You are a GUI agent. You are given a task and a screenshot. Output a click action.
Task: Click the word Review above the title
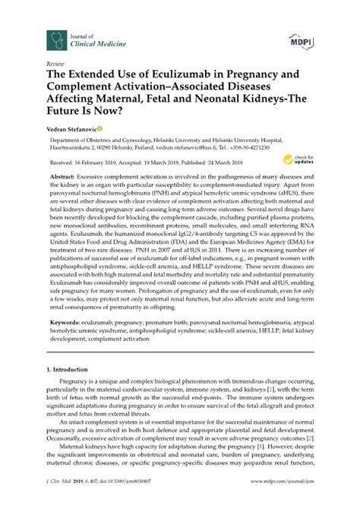55,66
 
